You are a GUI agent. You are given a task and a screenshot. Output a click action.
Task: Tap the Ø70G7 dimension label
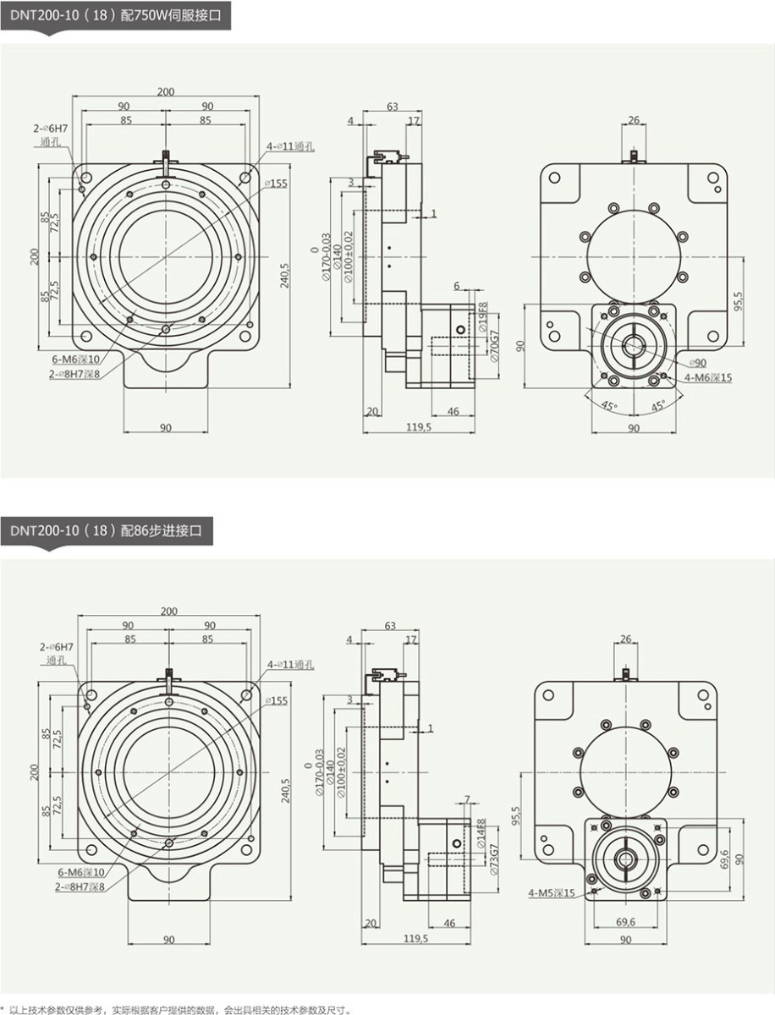[483, 346]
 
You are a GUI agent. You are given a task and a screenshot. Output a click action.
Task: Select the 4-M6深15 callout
[707, 377]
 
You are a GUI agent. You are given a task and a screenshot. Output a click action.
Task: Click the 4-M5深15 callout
[551, 892]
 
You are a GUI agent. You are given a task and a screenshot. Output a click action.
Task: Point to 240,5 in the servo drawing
[286, 274]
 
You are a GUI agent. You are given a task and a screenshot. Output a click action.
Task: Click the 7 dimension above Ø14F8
[466, 799]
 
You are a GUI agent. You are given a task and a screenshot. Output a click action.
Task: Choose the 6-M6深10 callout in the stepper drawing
[81, 871]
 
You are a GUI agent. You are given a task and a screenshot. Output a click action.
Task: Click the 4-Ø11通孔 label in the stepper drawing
[290, 665]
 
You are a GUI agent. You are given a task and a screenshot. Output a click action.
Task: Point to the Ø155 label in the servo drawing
[276, 184]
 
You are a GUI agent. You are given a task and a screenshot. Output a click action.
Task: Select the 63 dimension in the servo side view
[392, 107]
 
